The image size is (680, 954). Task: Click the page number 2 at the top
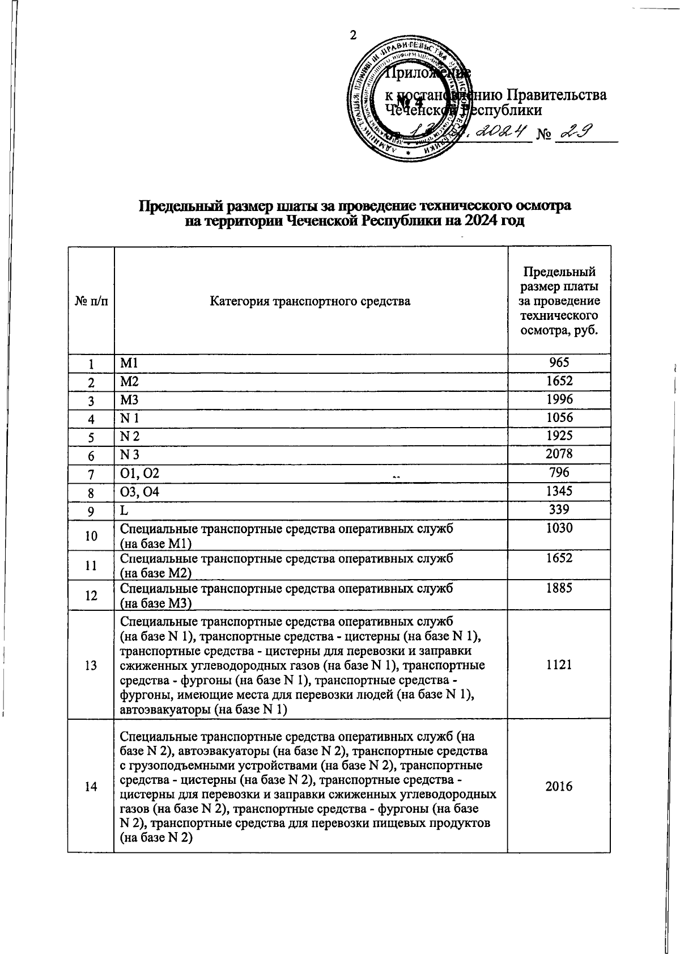coord(352,35)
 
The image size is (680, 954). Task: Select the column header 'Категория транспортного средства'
coord(310,301)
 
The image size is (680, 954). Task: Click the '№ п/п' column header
coord(91,301)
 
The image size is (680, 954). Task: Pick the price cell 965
coord(559,363)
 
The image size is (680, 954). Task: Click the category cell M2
coord(129,381)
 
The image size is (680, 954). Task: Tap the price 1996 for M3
coord(559,399)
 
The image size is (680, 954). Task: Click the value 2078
coord(559,454)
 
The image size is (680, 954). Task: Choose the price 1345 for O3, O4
coord(559,491)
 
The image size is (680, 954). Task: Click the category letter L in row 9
coord(124,510)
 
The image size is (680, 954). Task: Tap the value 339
coord(559,509)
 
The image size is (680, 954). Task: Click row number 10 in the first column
coord(91,535)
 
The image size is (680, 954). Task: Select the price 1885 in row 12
coord(559,588)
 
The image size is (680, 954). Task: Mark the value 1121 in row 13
coord(559,665)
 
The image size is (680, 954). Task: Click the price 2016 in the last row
coord(559,786)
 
